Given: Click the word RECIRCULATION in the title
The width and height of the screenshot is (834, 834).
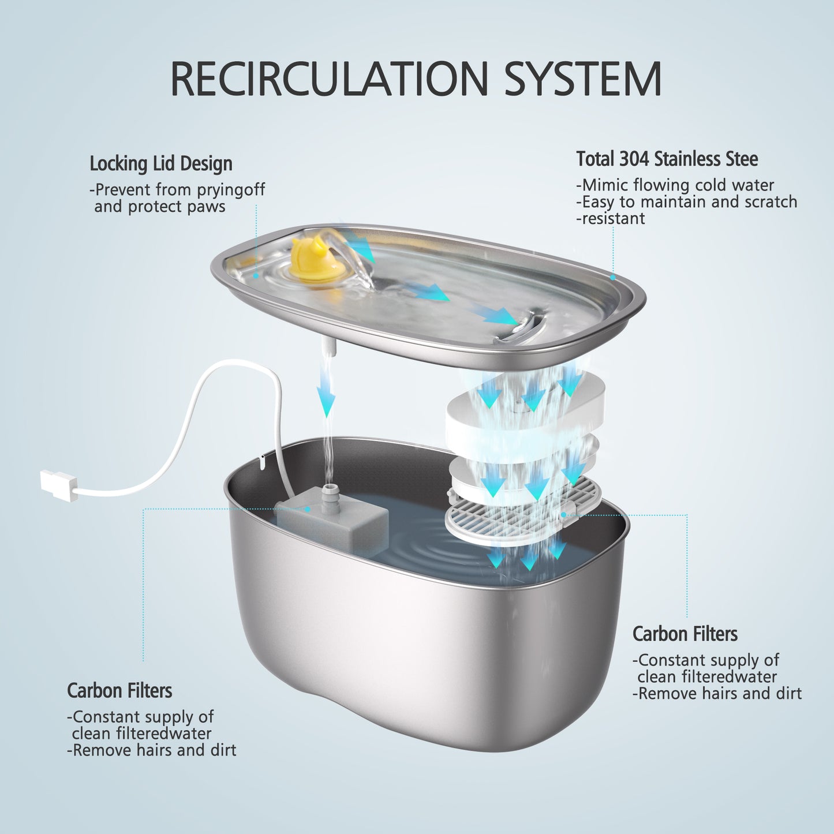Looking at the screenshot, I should point(329,79).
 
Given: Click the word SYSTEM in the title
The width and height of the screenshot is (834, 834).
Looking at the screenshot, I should point(583,79).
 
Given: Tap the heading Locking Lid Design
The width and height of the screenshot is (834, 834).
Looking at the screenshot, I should point(160,164).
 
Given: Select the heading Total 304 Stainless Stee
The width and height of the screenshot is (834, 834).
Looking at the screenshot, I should point(667,159).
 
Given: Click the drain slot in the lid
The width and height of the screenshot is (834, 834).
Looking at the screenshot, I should point(522,327).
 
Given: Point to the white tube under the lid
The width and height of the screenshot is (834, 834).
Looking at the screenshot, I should point(327,346).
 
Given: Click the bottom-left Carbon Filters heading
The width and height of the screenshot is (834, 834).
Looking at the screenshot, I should point(119,691).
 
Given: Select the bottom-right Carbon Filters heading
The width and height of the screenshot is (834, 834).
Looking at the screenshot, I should point(685,634).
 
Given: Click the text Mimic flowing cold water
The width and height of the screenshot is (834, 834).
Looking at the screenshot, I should point(678,185).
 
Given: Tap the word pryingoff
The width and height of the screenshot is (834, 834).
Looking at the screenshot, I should point(231,190).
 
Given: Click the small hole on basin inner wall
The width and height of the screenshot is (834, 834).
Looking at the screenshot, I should point(261,460).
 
